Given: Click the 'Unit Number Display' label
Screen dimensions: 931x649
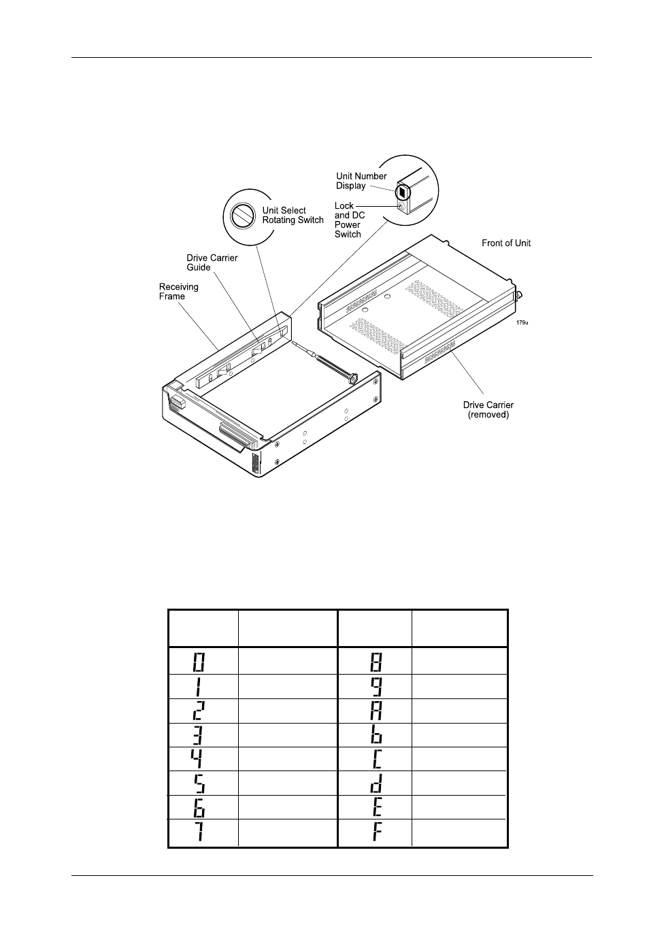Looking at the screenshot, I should pyautogui.click(x=361, y=181).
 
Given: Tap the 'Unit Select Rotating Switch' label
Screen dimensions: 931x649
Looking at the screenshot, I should pyautogui.click(x=293, y=215).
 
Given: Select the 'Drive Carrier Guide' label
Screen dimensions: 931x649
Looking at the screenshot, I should pyautogui.click(x=212, y=263).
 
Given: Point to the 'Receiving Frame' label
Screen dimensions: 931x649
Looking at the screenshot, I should pyautogui.click(x=179, y=291).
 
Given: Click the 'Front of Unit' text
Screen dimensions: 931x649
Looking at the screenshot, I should pyautogui.click(x=506, y=243).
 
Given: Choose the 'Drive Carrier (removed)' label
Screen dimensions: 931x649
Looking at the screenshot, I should pyautogui.click(x=488, y=410).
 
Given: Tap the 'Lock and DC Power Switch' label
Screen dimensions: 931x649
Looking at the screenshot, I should pyautogui.click(x=350, y=220).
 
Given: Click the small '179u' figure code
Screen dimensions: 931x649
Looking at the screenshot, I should pyautogui.click(x=522, y=322).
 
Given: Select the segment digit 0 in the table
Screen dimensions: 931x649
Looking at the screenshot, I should pyautogui.click(x=199, y=661).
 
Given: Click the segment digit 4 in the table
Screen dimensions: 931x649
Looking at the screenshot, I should pyautogui.click(x=198, y=758).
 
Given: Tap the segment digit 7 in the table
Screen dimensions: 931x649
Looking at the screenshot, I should pyautogui.click(x=199, y=832).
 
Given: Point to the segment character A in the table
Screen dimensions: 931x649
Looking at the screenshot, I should pyautogui.click(x=376, y=711).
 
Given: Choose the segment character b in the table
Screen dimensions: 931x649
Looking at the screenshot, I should pyautogui.click(x=376, y=735).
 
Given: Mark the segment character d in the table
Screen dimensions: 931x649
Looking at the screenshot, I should pyautogui.click(x=376, y=783).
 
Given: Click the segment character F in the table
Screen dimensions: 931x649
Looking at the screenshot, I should pyautogui.click(x=376, y=832).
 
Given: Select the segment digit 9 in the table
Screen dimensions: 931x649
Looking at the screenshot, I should pyautogui.click(x=376, y=686).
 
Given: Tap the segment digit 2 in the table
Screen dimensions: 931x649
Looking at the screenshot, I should pyautogui.click(x=199, y=711).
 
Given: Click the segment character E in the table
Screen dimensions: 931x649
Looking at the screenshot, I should pyautogui.click(x=376, y=807).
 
